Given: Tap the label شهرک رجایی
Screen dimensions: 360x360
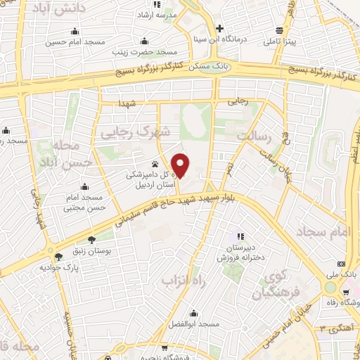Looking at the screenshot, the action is pos(146,131).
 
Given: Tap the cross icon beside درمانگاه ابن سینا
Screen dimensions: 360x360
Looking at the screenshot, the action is pos(220,29).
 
